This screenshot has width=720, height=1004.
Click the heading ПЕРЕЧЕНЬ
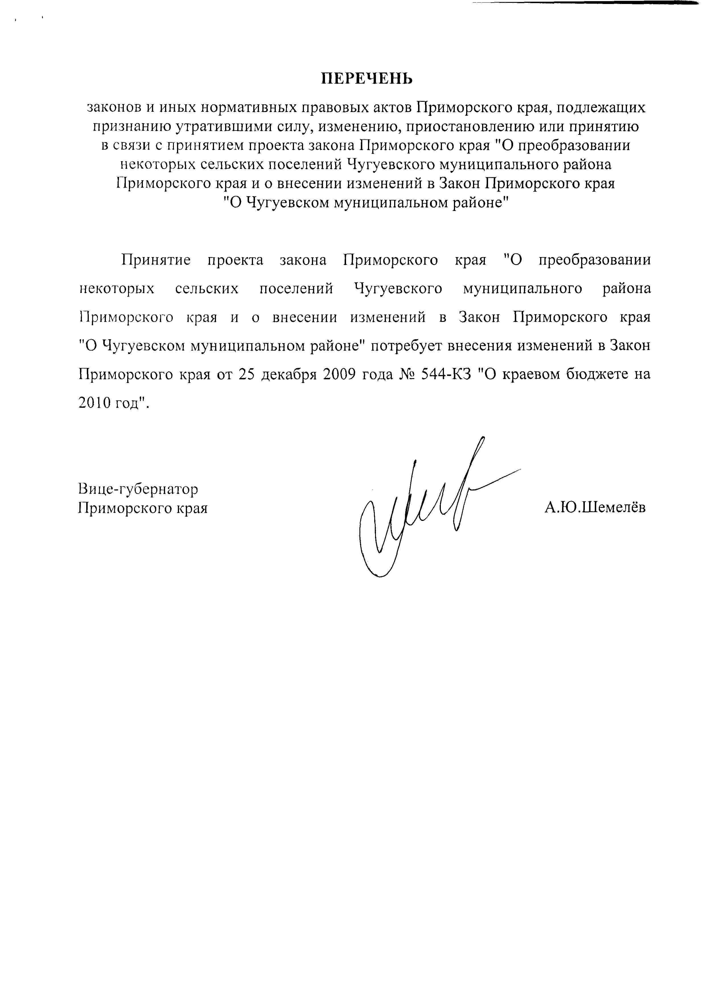[367, 79]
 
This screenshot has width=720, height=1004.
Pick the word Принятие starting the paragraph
[156, 260]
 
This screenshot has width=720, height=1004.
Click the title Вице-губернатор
[138, 489]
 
